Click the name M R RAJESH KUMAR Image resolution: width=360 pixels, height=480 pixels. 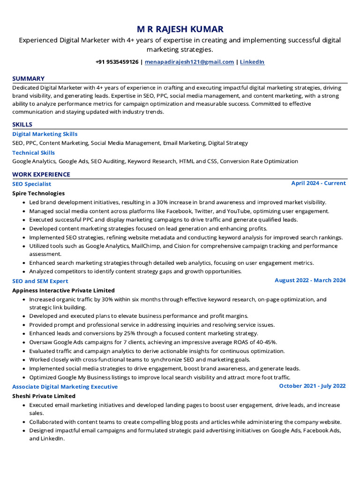click(x=180, y=29)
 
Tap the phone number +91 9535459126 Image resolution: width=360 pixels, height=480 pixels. click(x=117, y=62)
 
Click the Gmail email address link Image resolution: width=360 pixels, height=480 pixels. click(x=189, y=62)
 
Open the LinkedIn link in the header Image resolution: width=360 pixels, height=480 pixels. click(x=252, y=62)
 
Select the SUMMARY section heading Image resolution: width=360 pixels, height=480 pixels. click(x=28, y=79)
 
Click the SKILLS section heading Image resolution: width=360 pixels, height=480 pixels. click(x=22, y=125)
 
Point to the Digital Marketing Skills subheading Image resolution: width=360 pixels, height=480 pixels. click(x=45, y=134)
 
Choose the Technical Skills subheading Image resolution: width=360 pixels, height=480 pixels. click(x=33, y=153)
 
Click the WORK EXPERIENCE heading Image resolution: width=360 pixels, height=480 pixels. click(x=41, y=174)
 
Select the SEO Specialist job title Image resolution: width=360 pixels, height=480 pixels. click(x=31, y=184)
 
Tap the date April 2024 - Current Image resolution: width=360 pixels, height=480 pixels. click(x=318, y=183)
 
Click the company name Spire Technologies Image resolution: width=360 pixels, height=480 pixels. click(x=38, y=193)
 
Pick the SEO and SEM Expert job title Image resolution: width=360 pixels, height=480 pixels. click(x=40, y=281)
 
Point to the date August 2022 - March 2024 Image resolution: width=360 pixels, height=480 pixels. click(x=310, y=280)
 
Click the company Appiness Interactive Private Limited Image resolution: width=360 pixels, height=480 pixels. click(x=63, y=291)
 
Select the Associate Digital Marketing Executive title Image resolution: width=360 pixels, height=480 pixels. click(x=65, y=387)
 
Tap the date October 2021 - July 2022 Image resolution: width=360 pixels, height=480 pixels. click(x=312, y=386)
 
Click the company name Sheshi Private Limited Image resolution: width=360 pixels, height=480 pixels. click(x=44, y=396)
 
